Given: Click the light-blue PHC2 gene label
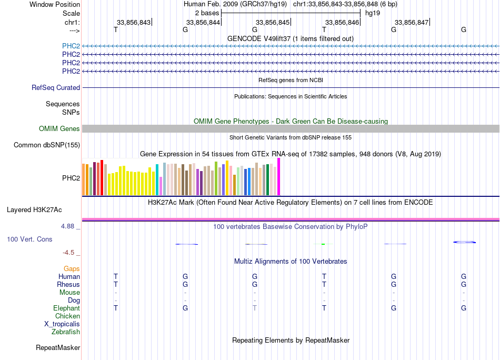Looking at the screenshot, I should point(71,46).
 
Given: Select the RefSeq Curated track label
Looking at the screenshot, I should point(56,88).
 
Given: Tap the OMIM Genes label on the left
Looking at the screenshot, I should point(59,129).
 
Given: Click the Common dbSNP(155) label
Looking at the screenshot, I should point(47,145).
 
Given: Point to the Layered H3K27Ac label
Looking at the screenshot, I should point(34,210).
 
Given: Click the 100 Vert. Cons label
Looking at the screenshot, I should point(29,239).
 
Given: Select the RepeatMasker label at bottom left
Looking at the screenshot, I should point(58,348).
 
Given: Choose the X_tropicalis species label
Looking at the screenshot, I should point(62,324).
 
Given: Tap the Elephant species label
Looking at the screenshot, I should point(66,308).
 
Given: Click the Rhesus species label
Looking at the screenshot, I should point(68,285).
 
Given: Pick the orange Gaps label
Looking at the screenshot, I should point(72,269).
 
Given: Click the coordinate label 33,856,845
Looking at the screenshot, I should point(273,23).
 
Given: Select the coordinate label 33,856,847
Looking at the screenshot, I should point(412,23).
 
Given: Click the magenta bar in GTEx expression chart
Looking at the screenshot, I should point(279,177).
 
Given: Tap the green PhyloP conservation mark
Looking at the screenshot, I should point(324,244).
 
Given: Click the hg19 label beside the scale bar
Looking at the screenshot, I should point(373,13).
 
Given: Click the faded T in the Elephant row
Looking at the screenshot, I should point(255,308).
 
